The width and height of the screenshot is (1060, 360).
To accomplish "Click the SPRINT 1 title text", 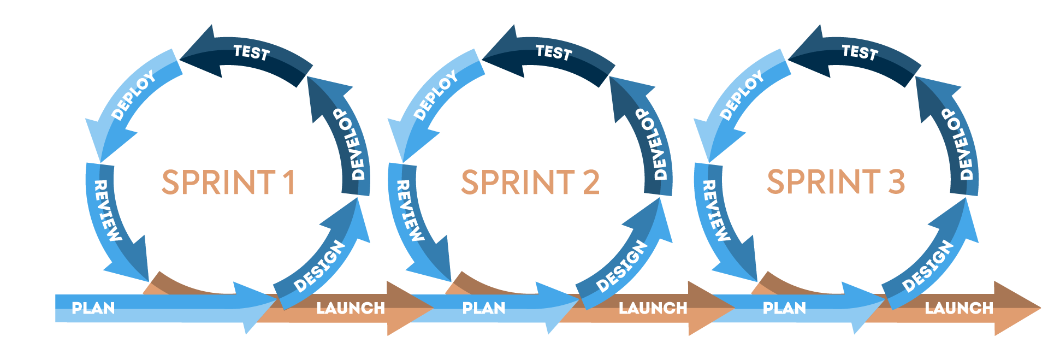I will (228, 182).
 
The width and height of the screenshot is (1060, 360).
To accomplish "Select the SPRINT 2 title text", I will (530, 182).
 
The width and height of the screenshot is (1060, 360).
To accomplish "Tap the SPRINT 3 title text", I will (836, 182).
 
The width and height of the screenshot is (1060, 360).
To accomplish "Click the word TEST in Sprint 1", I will (251, 52).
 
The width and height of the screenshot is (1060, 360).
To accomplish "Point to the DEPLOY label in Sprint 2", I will (435, 96).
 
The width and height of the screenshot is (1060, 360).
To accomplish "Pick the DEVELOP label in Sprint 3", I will (960, 144).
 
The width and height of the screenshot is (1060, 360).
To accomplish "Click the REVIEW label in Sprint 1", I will (107, 211).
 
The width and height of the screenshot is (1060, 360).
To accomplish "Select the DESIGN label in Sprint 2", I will (622, 267).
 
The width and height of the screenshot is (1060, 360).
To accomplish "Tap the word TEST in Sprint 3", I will (859, 52).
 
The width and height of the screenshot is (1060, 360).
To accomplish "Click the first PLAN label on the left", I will (93, 308).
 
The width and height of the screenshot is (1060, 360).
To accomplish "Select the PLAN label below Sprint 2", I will (484, 308).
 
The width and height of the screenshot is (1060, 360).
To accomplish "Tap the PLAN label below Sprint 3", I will (784, 308).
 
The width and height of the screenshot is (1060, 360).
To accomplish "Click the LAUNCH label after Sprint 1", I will (351, 308).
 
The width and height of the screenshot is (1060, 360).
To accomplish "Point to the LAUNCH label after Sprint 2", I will (653, 308).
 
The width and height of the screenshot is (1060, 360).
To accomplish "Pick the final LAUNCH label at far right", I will (959, 308).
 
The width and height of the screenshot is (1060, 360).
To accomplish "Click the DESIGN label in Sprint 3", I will (928, 267).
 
